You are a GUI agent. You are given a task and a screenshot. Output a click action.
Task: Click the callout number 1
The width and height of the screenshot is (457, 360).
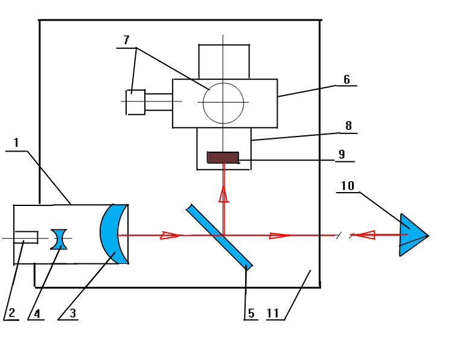(16, 143)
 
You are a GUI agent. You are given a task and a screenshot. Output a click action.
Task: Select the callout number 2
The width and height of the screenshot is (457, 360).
(11, 313)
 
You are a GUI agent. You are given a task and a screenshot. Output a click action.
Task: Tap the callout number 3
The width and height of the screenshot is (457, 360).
(72, 313)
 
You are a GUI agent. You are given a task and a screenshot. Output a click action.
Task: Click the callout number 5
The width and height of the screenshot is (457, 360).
(251, 313)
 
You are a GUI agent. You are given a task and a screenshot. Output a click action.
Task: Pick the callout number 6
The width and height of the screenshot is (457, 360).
(347, 80)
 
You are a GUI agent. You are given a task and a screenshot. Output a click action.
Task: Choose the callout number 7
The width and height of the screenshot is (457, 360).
(126, 40)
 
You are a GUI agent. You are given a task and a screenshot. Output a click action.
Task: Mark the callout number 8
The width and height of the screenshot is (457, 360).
(348, 126)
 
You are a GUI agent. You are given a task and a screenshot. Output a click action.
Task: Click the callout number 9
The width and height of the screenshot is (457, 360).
(342, 155)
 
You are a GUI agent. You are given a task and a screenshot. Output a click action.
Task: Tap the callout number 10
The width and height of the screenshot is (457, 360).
(347, 186)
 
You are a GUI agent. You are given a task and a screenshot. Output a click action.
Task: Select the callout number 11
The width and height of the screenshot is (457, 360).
(273, 313)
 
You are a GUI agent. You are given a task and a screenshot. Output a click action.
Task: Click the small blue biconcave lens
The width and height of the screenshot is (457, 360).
(59, 239)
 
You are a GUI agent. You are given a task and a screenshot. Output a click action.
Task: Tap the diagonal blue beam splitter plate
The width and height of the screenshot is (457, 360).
(219, 236)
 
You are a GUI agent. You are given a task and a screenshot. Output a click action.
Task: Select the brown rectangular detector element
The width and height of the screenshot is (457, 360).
(223, 158)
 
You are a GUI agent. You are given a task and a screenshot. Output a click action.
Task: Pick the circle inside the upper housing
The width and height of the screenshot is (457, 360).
(223, 103)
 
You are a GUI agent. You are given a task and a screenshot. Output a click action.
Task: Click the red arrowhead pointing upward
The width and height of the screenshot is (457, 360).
(224, 194)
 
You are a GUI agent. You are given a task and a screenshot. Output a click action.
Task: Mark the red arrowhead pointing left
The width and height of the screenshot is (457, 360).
(366, 235)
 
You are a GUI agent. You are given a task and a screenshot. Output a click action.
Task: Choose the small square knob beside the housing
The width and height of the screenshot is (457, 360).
(135, 102)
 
